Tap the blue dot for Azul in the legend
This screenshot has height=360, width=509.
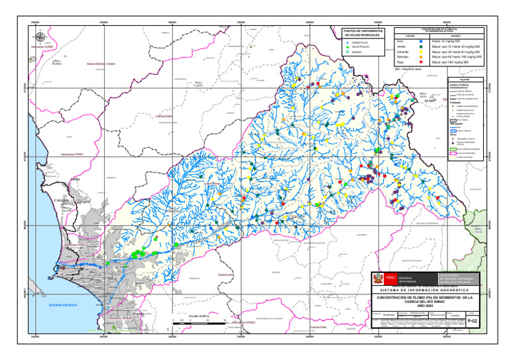pyautogui.click(x=420, y=41)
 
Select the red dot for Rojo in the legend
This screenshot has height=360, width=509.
pyautogui.click(x=420, y=62)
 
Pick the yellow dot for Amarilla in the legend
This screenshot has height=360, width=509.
pyautogui.click(x=420, y=52)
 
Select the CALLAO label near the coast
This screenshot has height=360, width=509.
pyautogui.click(x=61, y=199)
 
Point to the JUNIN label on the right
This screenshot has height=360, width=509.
pyautogui.click(x=420, y=101)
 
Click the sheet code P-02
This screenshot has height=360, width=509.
pyautogui.click(x=472, y=321)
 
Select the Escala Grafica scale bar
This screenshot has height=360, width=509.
pyautogui.click(x=199, y=322)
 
